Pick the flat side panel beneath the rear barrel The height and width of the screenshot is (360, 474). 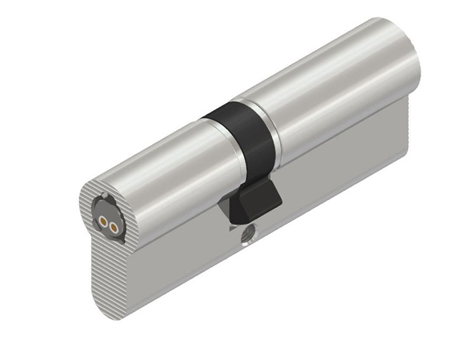pos(342,171)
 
